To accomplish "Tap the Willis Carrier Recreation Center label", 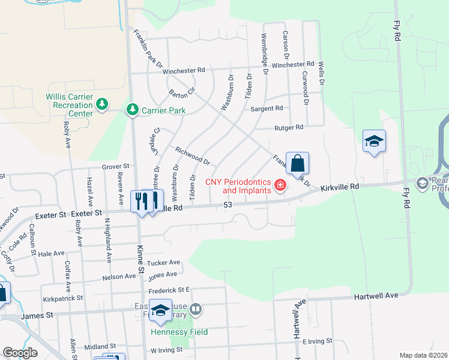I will click(70, 105).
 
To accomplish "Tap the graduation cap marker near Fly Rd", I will click(374, 142).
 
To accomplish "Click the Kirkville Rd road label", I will click(340, 187).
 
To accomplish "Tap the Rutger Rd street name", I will click(289, 127).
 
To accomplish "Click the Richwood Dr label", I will click(192, 156).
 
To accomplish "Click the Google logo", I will click(20, 353).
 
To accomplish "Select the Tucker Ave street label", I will click(164, 263).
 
